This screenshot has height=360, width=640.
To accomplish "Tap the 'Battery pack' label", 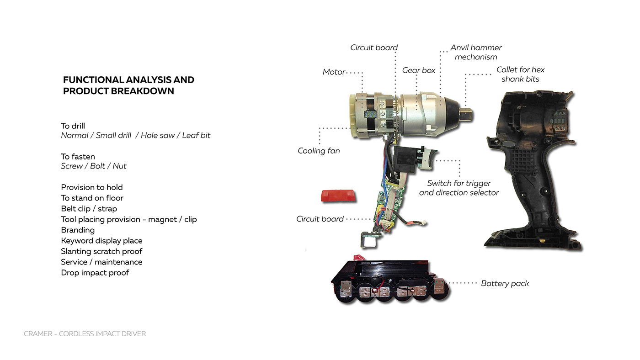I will [505, 283].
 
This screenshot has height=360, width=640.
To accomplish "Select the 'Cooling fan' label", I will [319, 150].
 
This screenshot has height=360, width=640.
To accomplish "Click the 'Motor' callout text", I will [334, 72].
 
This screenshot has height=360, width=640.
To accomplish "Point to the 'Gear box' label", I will [419, 70].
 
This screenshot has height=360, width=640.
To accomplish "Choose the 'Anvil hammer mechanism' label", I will [476, 52].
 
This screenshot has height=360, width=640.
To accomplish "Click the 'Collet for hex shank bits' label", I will [520, 74].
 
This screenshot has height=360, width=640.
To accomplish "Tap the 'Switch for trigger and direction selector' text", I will [459, 188].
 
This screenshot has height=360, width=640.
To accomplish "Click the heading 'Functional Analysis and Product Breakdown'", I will [128, 85].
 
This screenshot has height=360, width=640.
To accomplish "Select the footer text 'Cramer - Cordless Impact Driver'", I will [85, 334].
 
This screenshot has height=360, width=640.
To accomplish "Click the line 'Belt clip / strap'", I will [89, 208].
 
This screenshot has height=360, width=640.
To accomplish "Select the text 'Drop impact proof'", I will [95, 272].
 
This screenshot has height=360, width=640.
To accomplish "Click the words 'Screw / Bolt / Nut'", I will [94, 166].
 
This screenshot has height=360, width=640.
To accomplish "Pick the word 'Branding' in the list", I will [78, 230].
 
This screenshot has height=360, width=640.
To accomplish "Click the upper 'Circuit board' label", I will [374, 48].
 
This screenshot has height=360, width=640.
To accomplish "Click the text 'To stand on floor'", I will [92, 198].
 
